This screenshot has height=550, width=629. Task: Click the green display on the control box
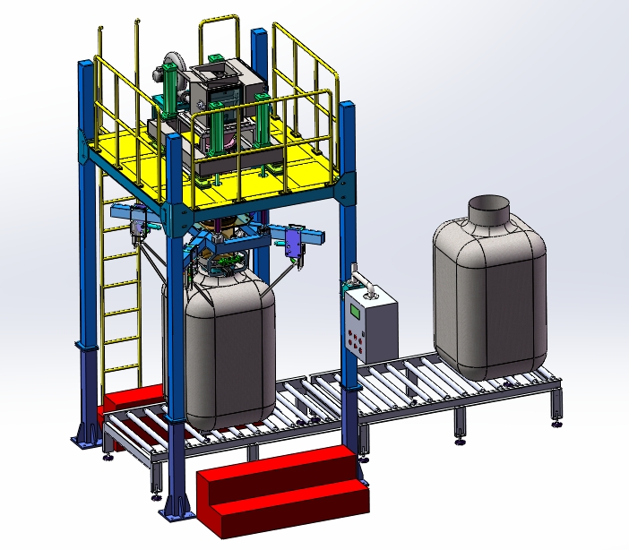pyautogui.click(x=357, y=312)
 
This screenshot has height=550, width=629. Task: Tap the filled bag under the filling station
pyautogui.click(x=229, y=349)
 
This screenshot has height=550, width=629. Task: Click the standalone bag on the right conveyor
pyautogui.click(x=489, y=296)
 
